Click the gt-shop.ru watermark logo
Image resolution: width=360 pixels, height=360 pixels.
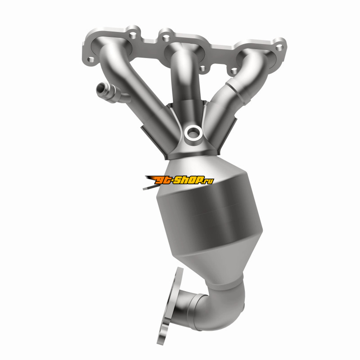click(x=179, y=180)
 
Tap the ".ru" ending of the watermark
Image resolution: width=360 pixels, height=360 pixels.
click(x=208, y=181)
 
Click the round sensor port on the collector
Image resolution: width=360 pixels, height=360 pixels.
click(x=193, y=133)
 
